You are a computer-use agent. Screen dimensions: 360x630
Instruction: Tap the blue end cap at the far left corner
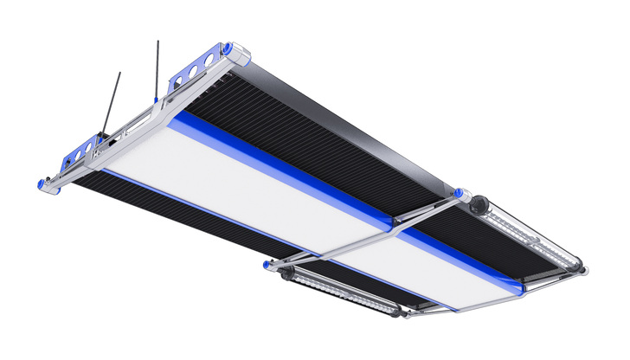pyautogui.click(x=40, y=183)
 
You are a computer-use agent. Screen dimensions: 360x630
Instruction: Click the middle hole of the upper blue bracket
pyautogui.click(x=196, y=74)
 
